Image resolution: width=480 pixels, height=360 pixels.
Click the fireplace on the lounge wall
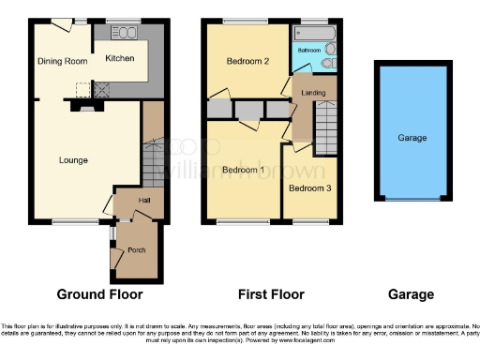click(85, 109)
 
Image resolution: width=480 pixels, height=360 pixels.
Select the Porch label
click(136, 250)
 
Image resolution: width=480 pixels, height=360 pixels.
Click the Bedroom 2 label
click(248, 62)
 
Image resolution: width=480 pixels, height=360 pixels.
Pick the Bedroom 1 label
click(243, 170)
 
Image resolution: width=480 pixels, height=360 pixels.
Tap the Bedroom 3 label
click(308, 188)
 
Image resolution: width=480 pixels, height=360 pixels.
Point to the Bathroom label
click(309, 49)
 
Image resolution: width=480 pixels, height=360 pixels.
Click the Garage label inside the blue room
click(412, 138)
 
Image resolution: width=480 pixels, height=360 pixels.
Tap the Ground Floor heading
click(100, 294)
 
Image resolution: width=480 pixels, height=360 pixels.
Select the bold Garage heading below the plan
click(412, 294)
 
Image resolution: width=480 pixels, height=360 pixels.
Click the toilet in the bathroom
click(327, 63)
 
